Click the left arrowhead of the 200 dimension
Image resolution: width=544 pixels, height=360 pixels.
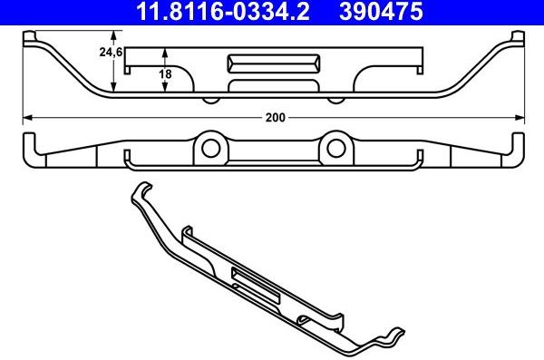click(x=26, y=117)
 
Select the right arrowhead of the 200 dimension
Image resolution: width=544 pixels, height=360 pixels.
click(x=520, y=117)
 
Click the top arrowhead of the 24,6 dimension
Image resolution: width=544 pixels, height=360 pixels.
click(x=112, y=36)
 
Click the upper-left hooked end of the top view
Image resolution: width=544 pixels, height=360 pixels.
click(x=27, y=37)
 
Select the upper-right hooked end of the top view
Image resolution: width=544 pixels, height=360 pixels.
click(x=518, y=37)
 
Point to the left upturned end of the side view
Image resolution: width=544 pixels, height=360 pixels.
click(x=27, y=150)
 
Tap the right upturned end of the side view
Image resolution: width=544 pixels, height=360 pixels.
click(x=518, y=150)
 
